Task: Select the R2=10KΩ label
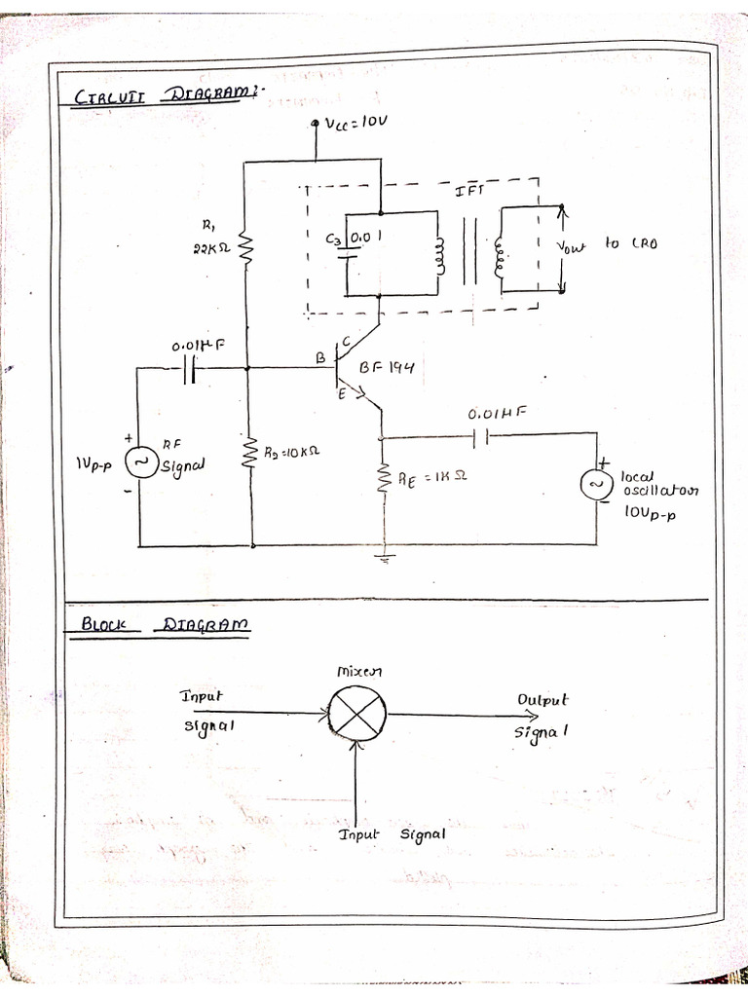(x=293, y=452)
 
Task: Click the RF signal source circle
(x=142, y=463)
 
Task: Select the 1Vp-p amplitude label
(x=93, y=465)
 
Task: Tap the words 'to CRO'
(x=630, y=242)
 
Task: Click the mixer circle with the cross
(x=357, y=715)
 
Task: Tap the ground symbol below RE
(x=386, y=559)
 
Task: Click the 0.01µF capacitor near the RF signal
(x=191, y=369)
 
